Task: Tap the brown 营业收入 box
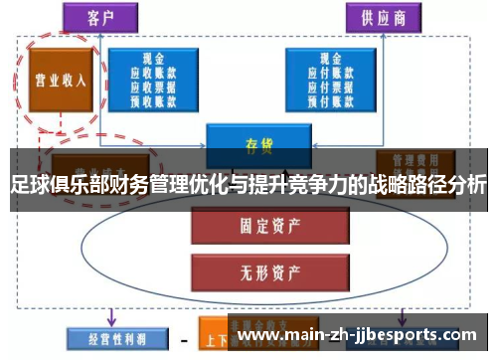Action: [x=61, y=81]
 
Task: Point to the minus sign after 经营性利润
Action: [x=183, y=340]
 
